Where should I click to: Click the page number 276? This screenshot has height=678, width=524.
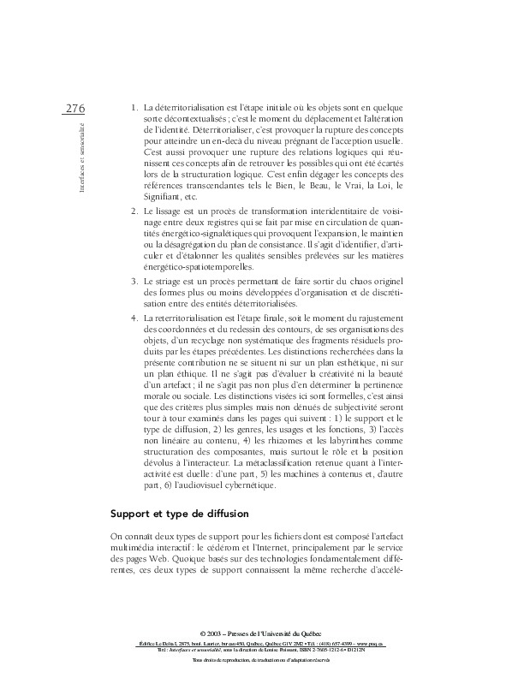[x=74, y=108]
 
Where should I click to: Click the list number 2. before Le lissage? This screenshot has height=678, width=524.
[x=134, y=210]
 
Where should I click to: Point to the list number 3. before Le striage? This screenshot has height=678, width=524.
[x=134, y=282]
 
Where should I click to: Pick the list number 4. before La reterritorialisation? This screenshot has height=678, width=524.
[x=134, y=318]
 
